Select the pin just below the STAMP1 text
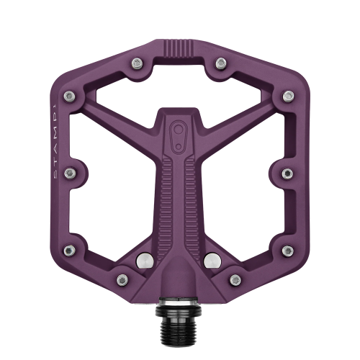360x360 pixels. [71, 173]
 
